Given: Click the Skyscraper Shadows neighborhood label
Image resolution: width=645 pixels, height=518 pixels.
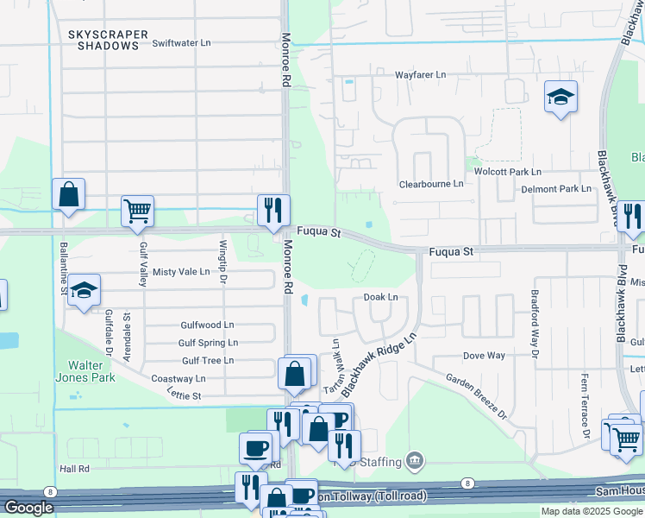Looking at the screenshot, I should (x=109, y=40).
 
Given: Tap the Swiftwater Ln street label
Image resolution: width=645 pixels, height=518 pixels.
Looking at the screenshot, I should (x=181, y=42).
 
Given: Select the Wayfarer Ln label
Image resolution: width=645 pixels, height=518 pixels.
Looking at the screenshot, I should (x=421, y=75).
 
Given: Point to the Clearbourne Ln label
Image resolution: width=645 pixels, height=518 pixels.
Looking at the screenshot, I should (x=431, y=184).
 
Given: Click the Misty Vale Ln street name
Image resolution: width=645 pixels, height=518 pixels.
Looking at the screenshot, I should (x=181, y=271).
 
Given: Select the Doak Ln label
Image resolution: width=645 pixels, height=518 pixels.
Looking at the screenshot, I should (x=380, y=297).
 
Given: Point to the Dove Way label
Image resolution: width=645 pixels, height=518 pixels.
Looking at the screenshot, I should (x=484, y=356).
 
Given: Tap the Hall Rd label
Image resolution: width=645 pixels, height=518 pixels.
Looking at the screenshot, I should (x=75, y=468).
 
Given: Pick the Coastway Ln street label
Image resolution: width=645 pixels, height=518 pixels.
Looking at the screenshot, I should (x=178, y=378).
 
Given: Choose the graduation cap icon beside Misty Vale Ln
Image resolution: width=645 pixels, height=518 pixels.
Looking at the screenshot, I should (x=85, y=290).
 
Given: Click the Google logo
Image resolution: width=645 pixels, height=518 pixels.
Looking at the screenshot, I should (x=29, y=508).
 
